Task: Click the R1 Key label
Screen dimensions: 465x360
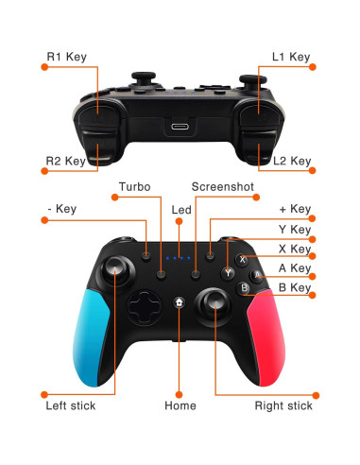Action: [x=66, y=57]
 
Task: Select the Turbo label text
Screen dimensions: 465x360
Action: [x=134, y=187]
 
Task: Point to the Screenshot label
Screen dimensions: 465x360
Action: [x=223, y=187]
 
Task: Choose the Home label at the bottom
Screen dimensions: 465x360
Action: [x=180, y=405]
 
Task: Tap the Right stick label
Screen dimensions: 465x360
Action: [x=283, y=405]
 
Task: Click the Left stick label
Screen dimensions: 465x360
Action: [x=71, y=405]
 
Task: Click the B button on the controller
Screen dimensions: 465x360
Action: [x=244, y=289]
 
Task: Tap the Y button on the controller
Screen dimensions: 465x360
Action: [x=228, y=273]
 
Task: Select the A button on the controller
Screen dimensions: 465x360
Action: [x=258, y=274]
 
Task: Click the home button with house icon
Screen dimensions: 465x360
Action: [x=180, y=303]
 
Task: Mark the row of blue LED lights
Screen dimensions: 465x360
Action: [x=179, y=257]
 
